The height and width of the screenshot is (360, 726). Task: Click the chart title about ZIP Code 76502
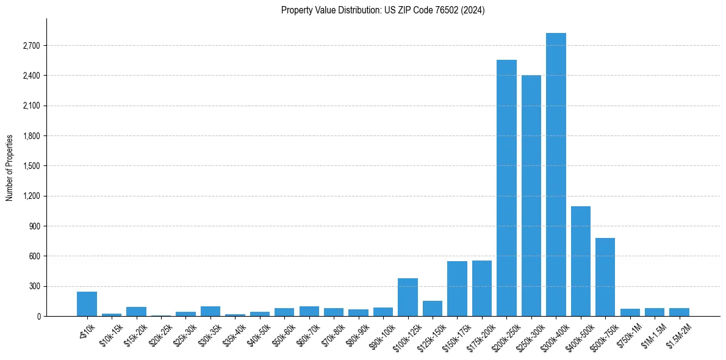(x=383, y=10)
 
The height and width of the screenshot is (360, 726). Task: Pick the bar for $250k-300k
(x=531, y=196)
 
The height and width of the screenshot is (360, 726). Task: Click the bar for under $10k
(x=87, y=304)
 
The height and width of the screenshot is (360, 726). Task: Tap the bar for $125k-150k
(x=433, y=309)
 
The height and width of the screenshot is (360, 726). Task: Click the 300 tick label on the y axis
(x=34, y=286)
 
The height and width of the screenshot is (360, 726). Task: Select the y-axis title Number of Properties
(x=10, y=168)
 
